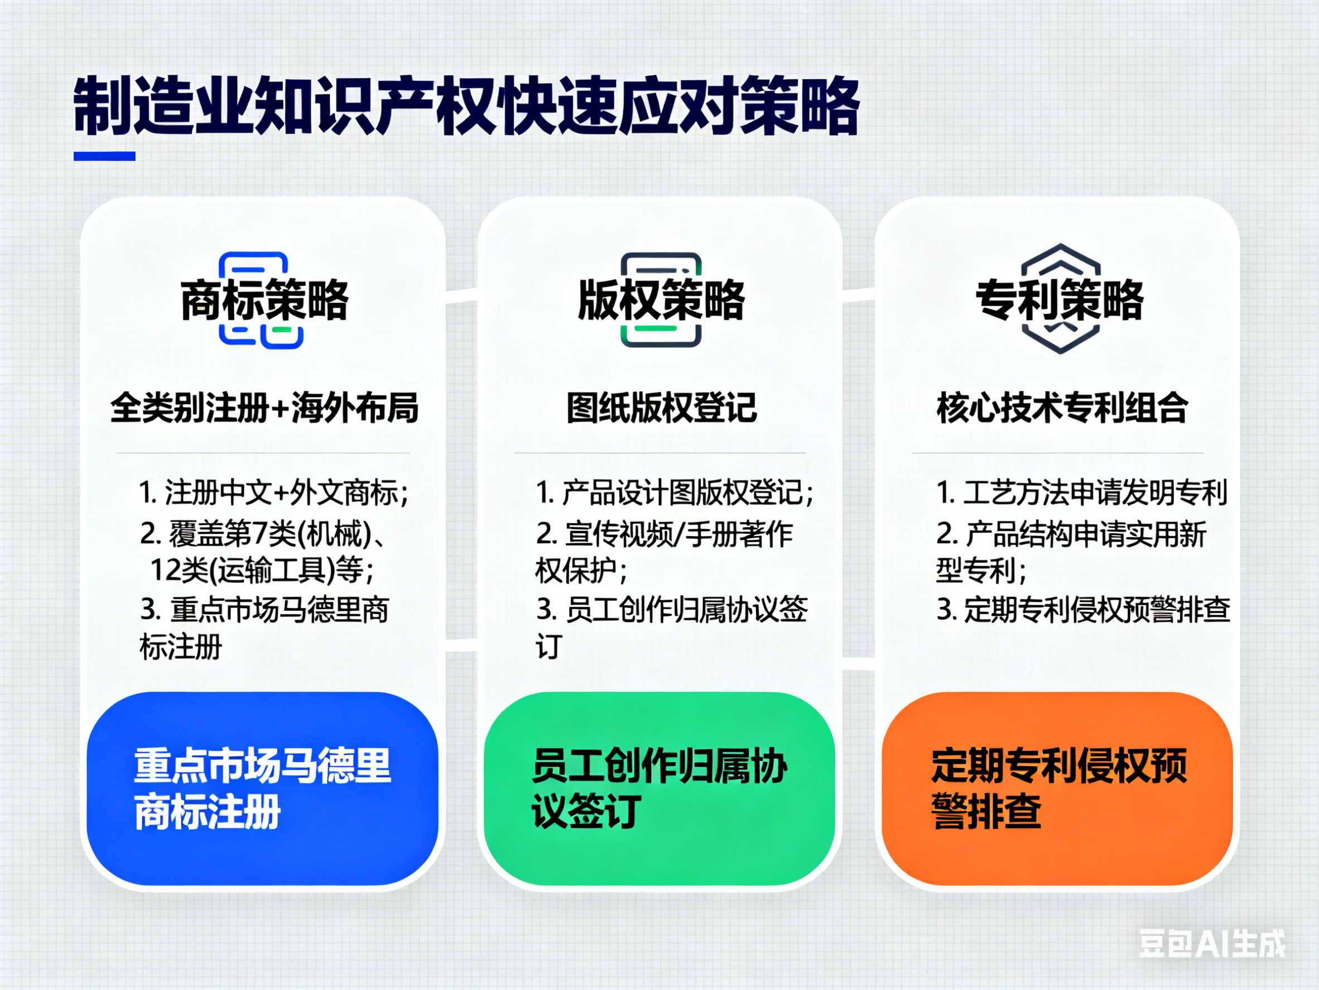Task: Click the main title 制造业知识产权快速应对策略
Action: (x=466, y=106)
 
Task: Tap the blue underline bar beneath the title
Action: (x=104, y=156)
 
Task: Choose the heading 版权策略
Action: (x=661, y=299)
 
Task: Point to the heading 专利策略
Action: (x=1060, y=299)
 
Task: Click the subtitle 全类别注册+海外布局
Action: (x=264, y=408)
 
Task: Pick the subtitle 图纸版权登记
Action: (x=661, y=408)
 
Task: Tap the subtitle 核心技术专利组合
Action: (x=1062, y=408)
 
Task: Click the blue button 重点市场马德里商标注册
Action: (x=262, y=788)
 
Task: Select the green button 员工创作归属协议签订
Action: (x=659, y=788)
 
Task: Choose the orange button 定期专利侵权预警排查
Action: (x=1057, y=788)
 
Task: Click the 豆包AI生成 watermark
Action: (x=1212, y=944)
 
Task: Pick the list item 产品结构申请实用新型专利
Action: (x=1071, y=552)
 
